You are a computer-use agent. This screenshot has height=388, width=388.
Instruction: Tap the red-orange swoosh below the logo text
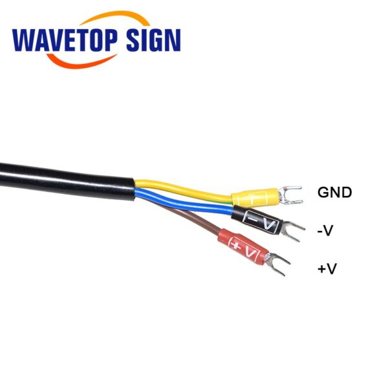click(81, 61)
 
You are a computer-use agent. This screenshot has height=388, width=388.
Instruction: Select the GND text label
click(334, 192)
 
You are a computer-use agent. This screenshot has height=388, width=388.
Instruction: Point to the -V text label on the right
click(325, 231)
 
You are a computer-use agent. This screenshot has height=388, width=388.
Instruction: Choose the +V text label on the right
click(327, 268)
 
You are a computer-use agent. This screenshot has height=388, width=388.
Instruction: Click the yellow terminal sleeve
click(255, 197)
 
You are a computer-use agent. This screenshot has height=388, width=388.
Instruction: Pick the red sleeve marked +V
click(242, 245)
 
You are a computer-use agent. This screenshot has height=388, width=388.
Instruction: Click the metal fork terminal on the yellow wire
click(290, 195)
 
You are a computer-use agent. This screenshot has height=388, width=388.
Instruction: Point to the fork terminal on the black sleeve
click(293, 231)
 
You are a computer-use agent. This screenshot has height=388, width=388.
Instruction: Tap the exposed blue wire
click(183, 202)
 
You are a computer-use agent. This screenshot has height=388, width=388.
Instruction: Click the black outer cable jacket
click(67, 180)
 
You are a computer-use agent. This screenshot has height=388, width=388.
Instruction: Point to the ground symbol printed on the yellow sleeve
click(253, 197)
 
